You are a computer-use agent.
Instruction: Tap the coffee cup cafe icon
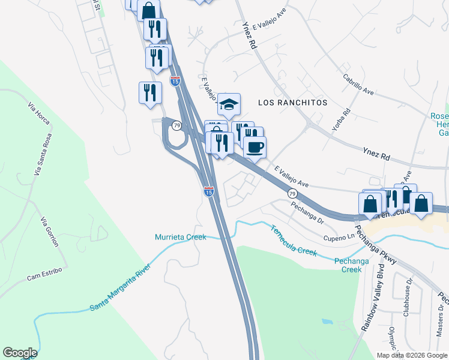point(255,146)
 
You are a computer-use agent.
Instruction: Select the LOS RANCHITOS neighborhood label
point(292,103)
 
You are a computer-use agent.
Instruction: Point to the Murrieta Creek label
point(180,237)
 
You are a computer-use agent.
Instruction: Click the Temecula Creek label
point(293,240)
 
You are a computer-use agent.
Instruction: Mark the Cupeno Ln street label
point(339,238)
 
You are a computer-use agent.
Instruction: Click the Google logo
point(20,353)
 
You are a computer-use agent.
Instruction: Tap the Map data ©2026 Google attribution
point(411,355)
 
